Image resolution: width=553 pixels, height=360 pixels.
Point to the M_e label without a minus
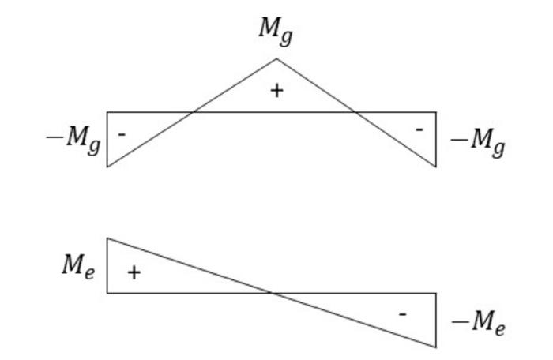(79, 265)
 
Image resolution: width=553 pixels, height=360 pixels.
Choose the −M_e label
(477, 323)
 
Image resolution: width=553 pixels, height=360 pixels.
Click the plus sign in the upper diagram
(276, 91)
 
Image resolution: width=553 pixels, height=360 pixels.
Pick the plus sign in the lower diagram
(134, 273)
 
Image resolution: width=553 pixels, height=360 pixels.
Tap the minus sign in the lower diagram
(403, 314)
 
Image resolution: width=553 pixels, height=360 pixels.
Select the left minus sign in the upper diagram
(122, 135)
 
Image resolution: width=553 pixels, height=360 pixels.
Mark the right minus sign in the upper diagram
(419, 129)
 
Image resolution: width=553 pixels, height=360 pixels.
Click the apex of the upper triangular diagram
(276, 58)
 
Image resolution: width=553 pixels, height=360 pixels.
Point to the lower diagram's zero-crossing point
(273, 293)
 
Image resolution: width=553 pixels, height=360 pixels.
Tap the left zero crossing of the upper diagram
(193, 112)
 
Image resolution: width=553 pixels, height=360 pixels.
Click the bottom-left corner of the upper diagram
(107, 167)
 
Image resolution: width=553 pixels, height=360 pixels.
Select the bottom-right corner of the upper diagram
(436, 167)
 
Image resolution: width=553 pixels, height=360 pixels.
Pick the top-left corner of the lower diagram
(107, 238)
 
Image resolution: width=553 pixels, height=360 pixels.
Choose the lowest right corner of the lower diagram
(436, 347)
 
